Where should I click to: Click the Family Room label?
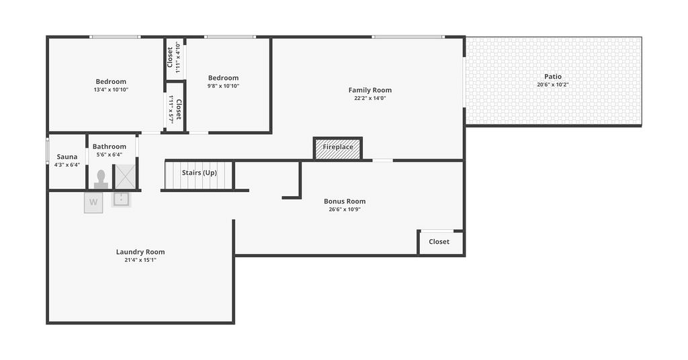coord(370,90)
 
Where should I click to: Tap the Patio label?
coord(553,77)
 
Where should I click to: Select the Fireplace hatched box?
coord(338,148)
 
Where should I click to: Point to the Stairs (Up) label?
coord(199,173)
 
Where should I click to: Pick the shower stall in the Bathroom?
coord(125,177)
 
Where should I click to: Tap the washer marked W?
coord(93,203)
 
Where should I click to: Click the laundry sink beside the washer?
coord(121,199)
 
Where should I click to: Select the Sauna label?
coord(67,156)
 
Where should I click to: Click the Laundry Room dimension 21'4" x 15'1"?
coord(140,260)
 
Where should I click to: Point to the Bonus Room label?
coord(345,201)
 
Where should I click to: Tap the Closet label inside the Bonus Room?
coord(439,242)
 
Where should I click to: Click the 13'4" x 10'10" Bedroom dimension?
coord(111,89)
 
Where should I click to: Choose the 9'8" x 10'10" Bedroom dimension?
coord(223,86)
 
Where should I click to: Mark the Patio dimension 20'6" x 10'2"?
coord(553,85)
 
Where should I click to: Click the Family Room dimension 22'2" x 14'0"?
coord(370,98)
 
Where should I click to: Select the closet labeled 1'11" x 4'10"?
coord(174,58)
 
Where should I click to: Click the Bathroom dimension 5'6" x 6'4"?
coord(110,154)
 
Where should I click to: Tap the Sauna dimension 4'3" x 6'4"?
coord(67,165)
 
